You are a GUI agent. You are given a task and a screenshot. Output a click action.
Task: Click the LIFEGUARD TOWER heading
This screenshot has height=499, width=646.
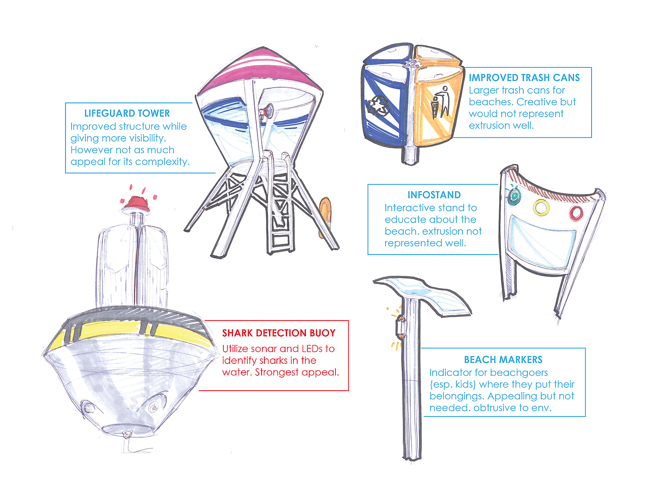(127, 113)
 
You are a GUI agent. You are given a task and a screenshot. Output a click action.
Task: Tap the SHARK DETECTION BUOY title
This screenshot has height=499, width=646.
(279, 333)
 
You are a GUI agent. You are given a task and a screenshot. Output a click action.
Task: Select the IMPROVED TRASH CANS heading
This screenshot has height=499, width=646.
(524, 78)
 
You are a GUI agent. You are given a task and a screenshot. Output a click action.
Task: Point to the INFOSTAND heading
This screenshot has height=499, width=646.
(434, 195)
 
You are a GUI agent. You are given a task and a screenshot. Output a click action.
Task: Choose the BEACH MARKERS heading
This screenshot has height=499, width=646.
(503, 360)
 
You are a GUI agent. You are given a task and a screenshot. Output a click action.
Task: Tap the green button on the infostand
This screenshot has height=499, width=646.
(514, 196)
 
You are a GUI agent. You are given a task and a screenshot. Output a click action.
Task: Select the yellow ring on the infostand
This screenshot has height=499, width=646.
(541, 207)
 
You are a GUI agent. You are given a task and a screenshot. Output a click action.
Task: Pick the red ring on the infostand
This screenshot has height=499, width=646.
(576, 213)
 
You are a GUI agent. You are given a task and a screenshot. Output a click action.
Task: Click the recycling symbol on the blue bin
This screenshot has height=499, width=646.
(378, 106)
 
